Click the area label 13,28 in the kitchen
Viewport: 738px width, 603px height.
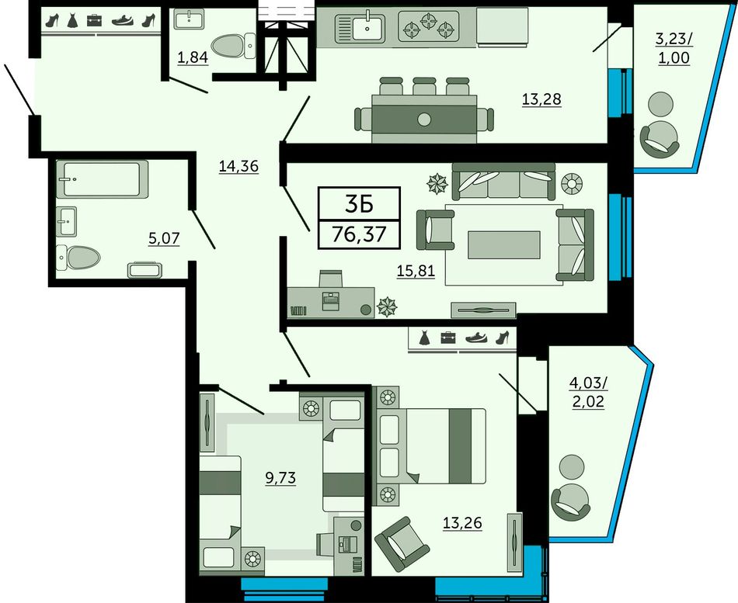pyautogui.click(x=541, y=99)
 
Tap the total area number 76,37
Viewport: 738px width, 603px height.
pyautogui.click(x=359, y=234)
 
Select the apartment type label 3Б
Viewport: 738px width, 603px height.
pyautogui.click(x=359, y=203)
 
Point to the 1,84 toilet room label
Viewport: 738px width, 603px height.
pyautogui.click(x=193, y=57)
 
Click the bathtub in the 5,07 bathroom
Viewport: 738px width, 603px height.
pyautogui.click(x=102, y=179)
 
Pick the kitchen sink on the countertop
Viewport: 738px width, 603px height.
pyautogui.click(x=360, y=27)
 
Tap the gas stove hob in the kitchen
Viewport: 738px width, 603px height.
pyautogui.click(x=428, y=26)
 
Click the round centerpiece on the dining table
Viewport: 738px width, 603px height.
pyautogui.click(x=423, y=120)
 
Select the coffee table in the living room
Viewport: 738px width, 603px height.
pyautogui.click(x=503, y=244)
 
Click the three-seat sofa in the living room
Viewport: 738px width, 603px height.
pyautogui.click(x=503, y=182)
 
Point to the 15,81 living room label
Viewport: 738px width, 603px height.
pyautogui.click(x=416, y=271)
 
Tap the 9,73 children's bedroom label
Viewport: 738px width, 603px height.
pyautogui.click(x=280, y=478)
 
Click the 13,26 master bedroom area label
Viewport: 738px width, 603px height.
pyautogui.click(x=462, y=522)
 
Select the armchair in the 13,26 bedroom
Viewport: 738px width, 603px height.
pyautogui.click(x=402, y=544)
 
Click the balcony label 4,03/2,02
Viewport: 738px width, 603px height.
pyautogui.click(x=588, y=392)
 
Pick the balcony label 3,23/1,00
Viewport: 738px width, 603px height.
pyautogui.click(x=674, y=48)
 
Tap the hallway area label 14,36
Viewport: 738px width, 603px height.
pyautogui.click(x=238, y=166)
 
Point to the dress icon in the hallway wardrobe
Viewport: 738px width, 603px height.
pyautogui.click(x=72, y=20)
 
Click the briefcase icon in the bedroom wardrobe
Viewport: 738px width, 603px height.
pyautogui.click(x=448, y=338)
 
